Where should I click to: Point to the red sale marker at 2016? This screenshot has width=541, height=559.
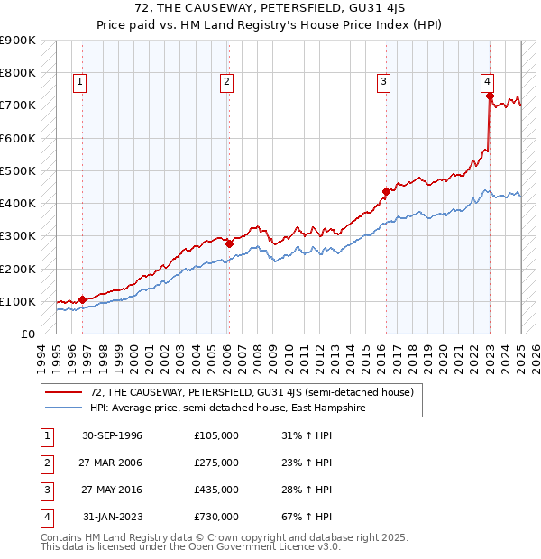[x=386, y=191]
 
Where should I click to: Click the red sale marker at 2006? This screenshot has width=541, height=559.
[x=229, y=243]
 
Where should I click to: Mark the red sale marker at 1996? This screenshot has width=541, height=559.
[x=82, y=299]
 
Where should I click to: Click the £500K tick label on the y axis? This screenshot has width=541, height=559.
[x=18, y=170]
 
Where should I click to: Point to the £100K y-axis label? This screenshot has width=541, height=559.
[x=18, y=301]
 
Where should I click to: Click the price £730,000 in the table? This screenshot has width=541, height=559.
[x=216, y=517]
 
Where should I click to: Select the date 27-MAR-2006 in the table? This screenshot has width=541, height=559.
[x=111, y=463]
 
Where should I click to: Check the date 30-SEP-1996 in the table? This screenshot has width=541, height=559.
[x=111, y=435]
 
